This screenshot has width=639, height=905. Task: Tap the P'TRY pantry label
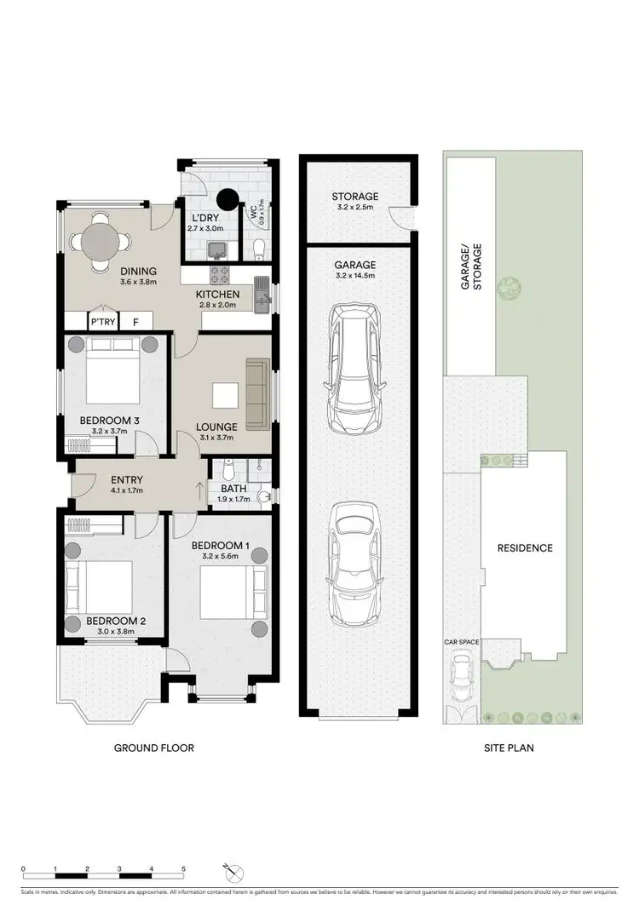point(103,323)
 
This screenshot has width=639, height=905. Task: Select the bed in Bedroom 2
point(101,587)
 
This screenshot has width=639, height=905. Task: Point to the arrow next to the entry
point(200,490)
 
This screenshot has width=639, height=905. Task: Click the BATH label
point(233,489)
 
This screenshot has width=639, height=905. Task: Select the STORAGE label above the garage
point(355,197)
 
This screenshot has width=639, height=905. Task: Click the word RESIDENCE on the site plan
point(525,548)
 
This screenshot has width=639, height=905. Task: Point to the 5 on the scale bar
point(183,869)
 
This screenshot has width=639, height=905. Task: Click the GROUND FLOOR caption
point(154,748)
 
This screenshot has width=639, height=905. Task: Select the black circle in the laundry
point(227,199)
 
